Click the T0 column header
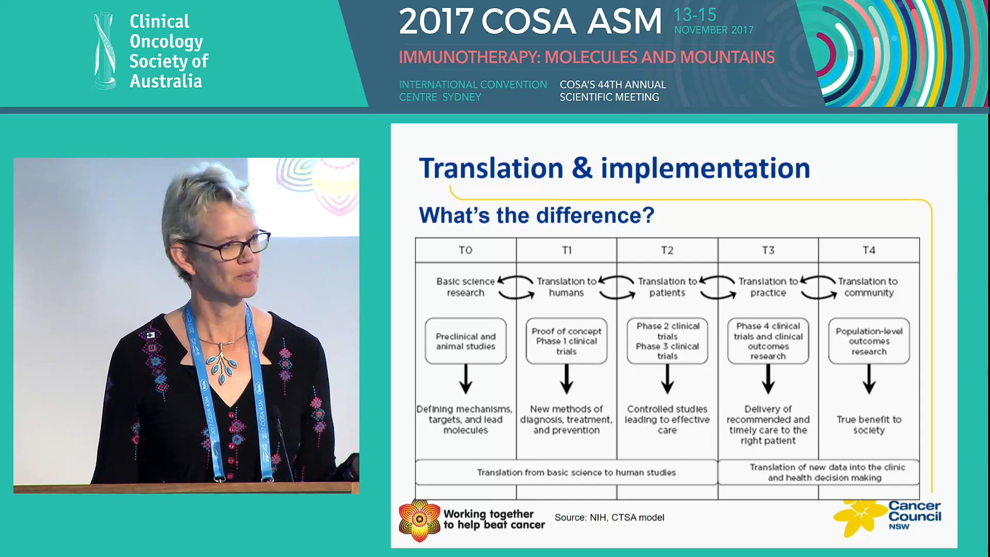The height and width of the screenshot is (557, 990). tap(466, 250)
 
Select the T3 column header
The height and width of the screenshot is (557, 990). tap(768, 250)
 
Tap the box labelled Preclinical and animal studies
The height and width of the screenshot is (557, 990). tap(466, 341)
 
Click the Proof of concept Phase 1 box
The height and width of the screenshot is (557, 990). tap(566, 341)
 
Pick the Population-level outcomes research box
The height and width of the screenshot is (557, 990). tap(869, 341)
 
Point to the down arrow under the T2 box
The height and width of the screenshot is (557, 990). tap(667, 379)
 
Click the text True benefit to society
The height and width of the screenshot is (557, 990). tap(869, 424)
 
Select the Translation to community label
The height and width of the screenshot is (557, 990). tap(868, 287)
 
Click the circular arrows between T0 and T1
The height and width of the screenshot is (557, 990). tap(516, 287)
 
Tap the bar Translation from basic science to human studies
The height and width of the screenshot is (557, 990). tap(576, 472)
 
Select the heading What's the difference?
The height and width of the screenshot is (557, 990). tap(536, 215)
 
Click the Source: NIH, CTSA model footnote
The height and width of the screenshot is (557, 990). tap(609, 517)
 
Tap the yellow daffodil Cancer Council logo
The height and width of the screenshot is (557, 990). tap(859, 517)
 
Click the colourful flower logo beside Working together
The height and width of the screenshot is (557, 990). tap(419, 520)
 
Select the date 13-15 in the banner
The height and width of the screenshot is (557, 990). tap(695, 15)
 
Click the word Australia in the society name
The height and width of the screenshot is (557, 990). tap(166, 81)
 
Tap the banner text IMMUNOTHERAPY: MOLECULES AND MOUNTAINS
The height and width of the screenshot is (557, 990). tap(586, 57)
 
